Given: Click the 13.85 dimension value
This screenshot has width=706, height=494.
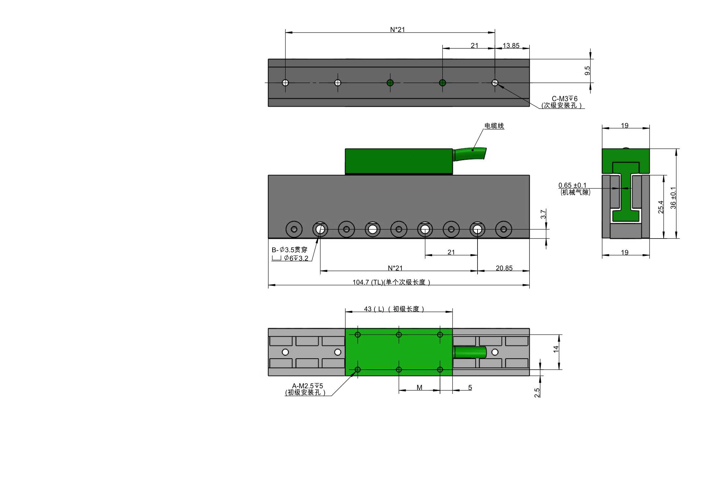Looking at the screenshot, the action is [x=511, y=46].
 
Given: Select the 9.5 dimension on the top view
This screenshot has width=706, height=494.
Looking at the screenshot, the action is [x=587, y=70].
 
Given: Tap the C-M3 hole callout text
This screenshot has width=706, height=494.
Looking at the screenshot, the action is [x=564, y=99].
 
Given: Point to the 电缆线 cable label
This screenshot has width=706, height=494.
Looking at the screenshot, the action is [x=494, y=126].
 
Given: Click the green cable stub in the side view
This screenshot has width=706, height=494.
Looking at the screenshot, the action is [x=469, y=154].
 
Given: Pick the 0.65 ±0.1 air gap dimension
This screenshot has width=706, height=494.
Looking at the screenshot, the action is [x=572, y=185].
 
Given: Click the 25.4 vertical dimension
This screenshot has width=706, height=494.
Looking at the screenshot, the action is [x=661, y=207].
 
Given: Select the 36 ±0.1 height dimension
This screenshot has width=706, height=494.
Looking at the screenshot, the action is [x=673, y=198].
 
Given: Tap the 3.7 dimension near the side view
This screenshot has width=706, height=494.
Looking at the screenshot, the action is [x=543, y=214].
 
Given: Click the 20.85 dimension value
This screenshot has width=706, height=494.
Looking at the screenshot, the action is [x=504, y=268].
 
